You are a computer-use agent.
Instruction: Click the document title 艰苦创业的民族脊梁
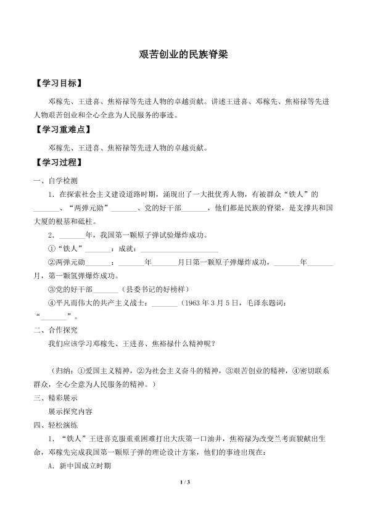click(184, 54)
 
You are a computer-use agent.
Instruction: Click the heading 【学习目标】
click(59, 82)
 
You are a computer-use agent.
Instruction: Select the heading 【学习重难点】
click(63, 130)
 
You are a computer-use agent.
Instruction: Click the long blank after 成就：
click(179, 249)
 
